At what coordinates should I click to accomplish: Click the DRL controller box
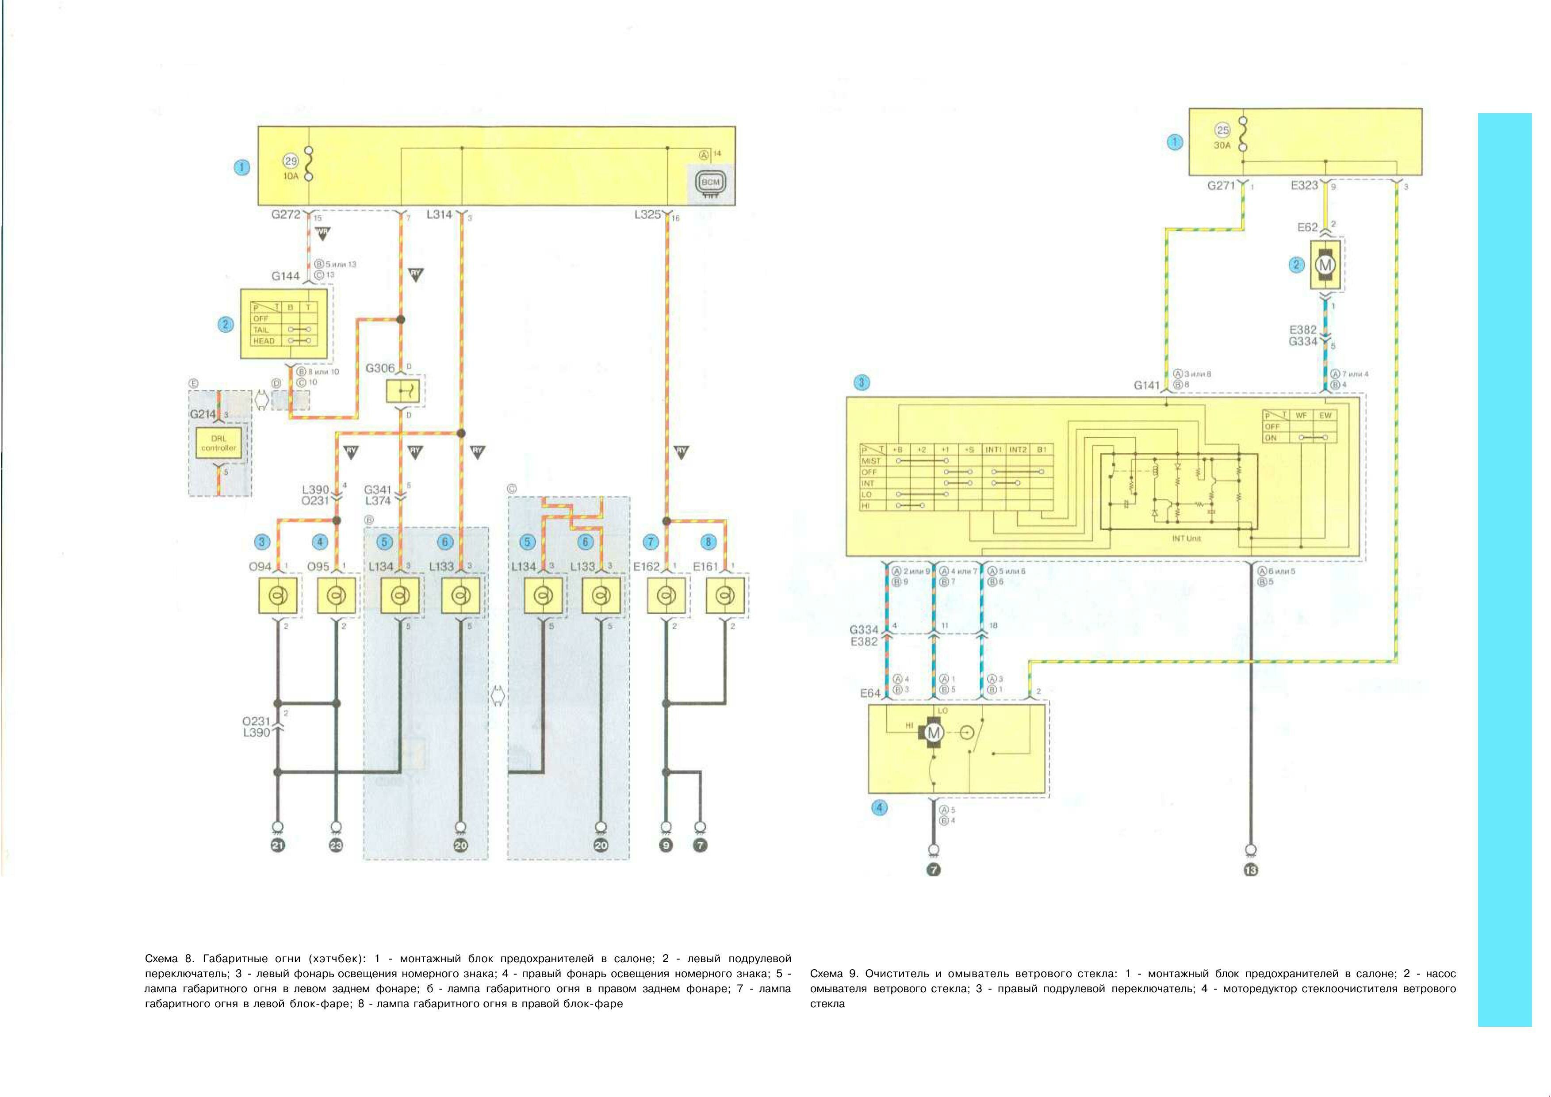(219, 443)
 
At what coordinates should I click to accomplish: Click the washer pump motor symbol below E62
(1325, 265)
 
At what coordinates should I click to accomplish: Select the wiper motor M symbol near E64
(934, 733)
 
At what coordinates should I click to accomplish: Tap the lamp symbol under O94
(278, 595)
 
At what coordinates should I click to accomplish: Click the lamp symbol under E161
(725, 595)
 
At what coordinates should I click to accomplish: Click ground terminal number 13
(1250, 870)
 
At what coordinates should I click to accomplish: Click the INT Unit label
(1186, 539)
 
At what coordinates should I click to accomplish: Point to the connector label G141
(1146, 385)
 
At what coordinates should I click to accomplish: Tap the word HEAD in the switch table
(264, 341)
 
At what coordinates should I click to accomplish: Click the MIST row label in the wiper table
(871, 461)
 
